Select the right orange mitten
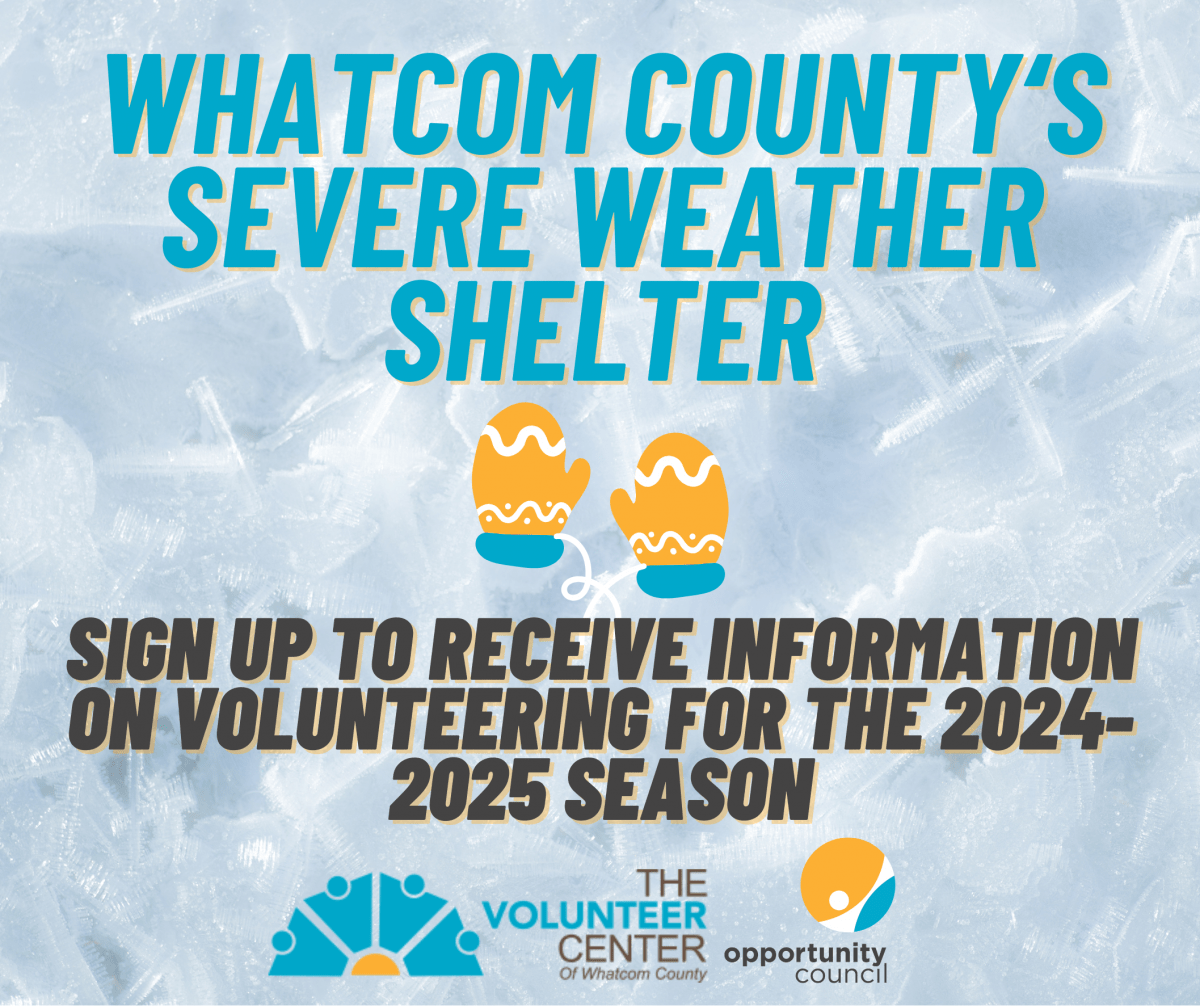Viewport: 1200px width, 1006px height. click(x=671, y=505)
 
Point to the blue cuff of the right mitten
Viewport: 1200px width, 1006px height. click(x=679, y=578)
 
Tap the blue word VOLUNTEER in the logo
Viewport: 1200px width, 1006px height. click(x=595, y=916)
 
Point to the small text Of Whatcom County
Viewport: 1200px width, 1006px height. click(x=633, y=973)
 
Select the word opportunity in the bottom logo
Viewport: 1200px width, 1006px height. click(x=806, y=952)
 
